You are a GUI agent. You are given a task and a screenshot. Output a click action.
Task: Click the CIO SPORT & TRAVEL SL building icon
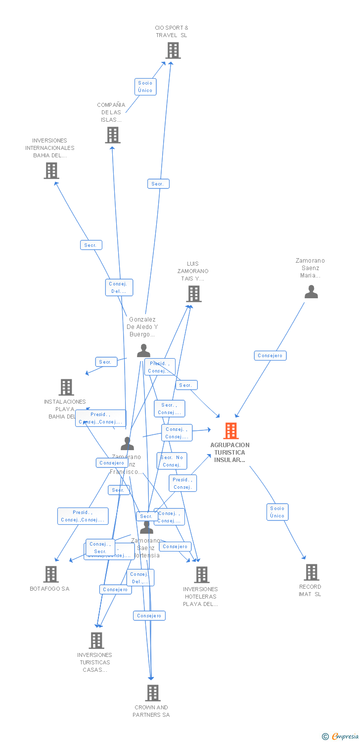173,50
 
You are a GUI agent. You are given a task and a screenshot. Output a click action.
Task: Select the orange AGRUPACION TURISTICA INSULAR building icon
230,431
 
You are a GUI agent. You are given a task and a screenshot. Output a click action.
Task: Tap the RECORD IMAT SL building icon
311,572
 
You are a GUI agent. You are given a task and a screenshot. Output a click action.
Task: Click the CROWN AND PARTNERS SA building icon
153,693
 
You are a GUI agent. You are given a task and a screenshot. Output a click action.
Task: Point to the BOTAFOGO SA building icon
51,574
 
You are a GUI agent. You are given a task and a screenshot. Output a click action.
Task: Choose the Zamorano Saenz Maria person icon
311,292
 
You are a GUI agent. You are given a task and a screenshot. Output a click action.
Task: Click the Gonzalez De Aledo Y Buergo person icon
143,351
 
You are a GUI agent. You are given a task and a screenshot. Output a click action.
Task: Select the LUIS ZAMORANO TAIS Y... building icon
193,294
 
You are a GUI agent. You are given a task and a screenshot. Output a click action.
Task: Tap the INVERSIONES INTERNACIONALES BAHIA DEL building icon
51,171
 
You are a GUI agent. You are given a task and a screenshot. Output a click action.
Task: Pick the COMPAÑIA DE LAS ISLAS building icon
113,135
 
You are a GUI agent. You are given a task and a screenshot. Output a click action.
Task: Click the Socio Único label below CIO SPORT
145,87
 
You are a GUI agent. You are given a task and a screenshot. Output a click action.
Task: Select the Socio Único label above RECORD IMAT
277,512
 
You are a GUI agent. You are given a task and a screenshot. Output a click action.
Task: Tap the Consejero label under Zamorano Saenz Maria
270,356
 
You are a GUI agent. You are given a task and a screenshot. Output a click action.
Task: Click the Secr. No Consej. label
172,461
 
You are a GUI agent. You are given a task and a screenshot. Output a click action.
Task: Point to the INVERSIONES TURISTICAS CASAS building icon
96,641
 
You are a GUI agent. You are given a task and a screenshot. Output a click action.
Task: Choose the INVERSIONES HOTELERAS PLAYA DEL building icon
202,575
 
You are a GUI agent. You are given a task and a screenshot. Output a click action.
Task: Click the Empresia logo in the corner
340,737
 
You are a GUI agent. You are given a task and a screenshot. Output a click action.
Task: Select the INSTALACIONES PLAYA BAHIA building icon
66,387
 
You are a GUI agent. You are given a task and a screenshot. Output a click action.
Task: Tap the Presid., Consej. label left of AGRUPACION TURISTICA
182,483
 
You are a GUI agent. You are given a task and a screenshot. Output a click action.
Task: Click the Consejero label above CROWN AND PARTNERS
149,616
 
